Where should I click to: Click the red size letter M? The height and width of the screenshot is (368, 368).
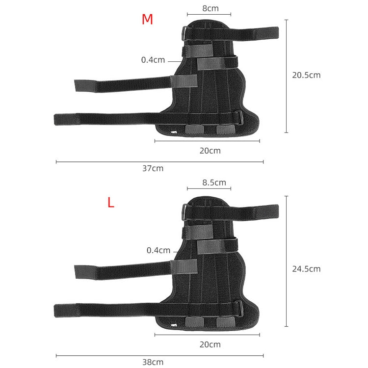pyautogui.click(x=147, y=19)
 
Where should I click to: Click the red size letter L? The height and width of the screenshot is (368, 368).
pyautogui.click(x=111, y=203)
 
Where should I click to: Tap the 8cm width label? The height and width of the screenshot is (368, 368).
pyautogui.click(x=210, y=8)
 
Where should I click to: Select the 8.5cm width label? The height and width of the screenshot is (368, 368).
pyautogui.click(x=214, y=183)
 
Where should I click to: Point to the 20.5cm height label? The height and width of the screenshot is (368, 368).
pyautogui.click(x=306, y=75)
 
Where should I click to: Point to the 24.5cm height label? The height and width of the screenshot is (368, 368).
pyautogui.click(x=306, y=268)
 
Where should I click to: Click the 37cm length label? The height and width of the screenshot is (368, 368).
pyautogui.click(x=153, y=168)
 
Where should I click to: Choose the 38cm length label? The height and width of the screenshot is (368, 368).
pyautogui.click(x=153, y=362)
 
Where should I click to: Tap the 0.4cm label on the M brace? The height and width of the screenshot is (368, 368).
pyautogui.click(x=153, y=60)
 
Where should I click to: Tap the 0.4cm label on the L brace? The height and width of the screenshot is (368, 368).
pyautogui.click(x=158, y=250)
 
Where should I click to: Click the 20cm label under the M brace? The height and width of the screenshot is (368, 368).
pyautogui.click(x=210, y=151)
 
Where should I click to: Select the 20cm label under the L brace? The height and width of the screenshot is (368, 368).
pyautogui.click(x=210, y=344)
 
